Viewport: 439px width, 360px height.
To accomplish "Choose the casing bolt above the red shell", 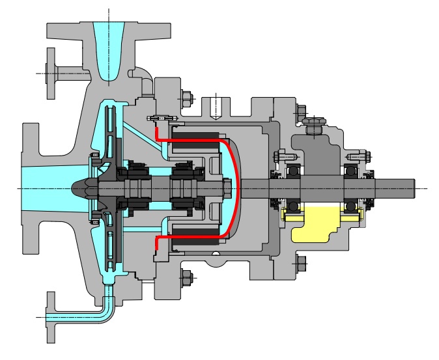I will tap(186, 98).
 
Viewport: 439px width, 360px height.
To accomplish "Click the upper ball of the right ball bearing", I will tap(351, 170).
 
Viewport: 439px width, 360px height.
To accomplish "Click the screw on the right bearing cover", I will tap(356, 157).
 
